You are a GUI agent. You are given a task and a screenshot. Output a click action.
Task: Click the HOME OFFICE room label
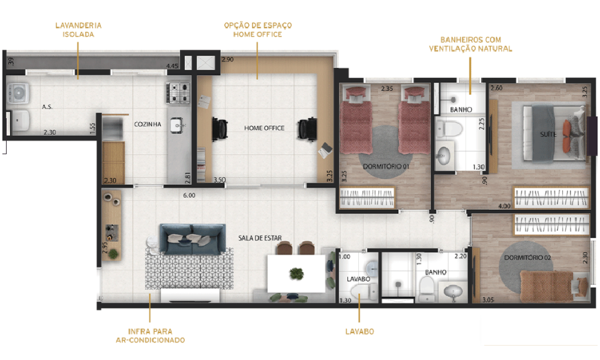tap(264, 128)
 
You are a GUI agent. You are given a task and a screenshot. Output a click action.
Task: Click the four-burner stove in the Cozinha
tap(178, 92)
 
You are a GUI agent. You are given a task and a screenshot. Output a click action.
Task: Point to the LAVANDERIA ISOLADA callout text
tap(78, 30)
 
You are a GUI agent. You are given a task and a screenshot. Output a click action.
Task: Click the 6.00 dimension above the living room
tap(189, 194)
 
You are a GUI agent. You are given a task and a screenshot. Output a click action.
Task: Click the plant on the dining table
tap(296, 274)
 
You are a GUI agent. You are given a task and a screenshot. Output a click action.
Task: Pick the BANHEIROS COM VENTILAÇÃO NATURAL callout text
tap(470, 44)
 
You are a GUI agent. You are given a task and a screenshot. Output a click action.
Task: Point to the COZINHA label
tap(148, 124)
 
